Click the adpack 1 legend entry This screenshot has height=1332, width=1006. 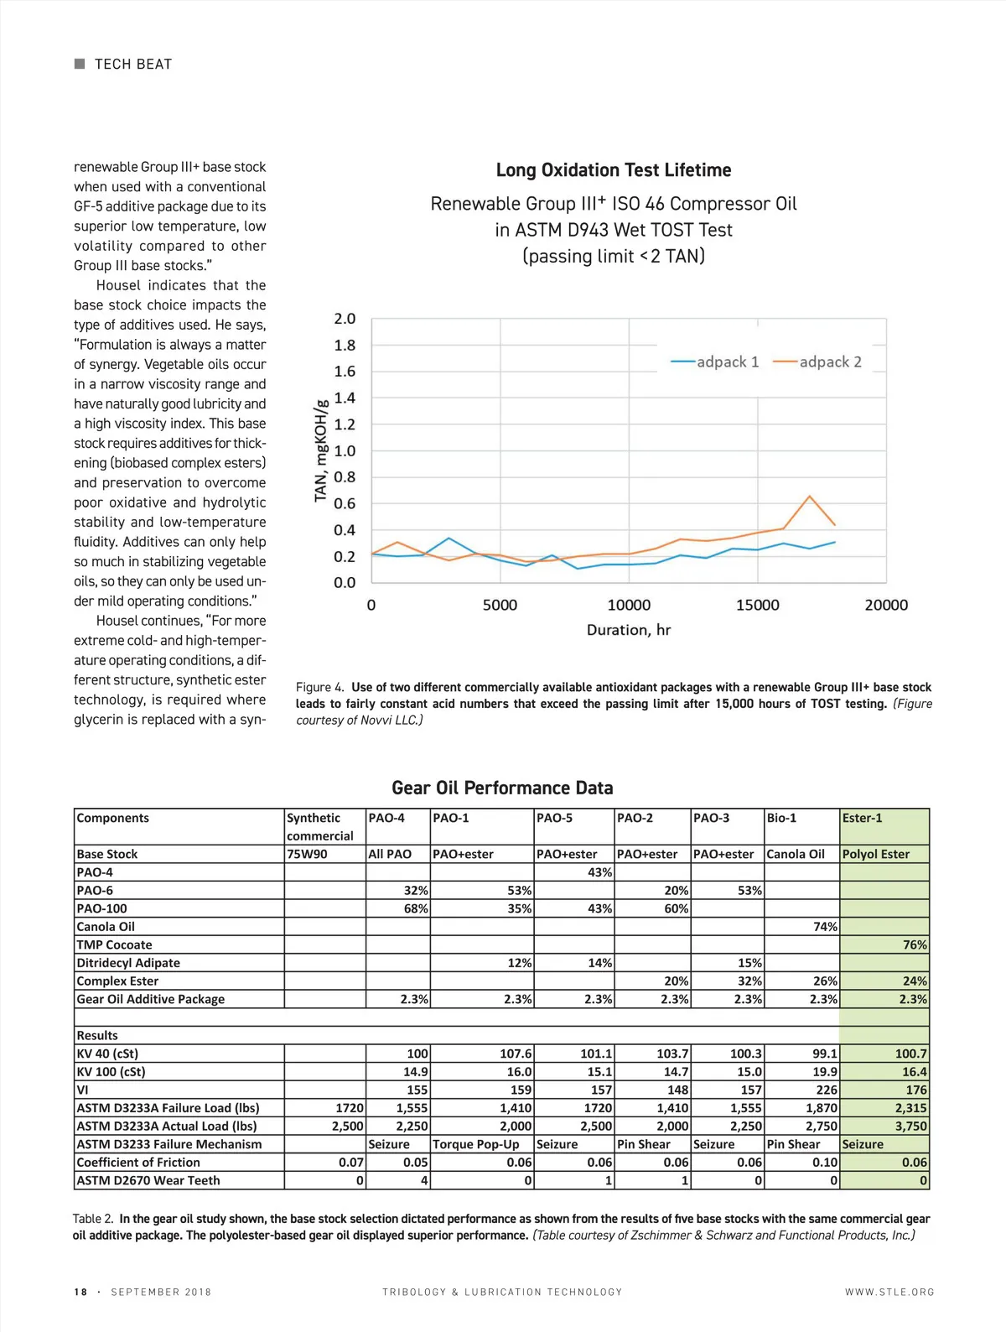[x=715, y=362]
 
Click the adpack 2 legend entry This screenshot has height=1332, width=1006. [x=817, y=362]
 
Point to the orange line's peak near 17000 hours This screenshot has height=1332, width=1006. [x=810, y=497]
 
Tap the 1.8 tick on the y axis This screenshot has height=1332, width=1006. [x=345, y=345]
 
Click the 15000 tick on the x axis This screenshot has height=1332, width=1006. [x=757, y=605]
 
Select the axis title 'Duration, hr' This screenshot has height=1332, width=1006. [x=629, y=630]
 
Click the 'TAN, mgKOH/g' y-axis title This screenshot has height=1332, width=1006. [x=320, y=450]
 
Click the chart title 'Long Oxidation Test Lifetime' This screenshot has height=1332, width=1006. [x=614, y=170]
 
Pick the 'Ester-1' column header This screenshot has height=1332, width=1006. [x=862, y=818]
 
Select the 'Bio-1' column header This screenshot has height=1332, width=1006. [x=781, y=818]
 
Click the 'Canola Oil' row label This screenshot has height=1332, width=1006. [x=106, y=927]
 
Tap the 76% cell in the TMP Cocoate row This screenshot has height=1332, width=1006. [x=915, y=944]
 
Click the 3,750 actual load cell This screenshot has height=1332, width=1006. [x=910, y=1126]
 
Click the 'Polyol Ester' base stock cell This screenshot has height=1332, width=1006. [x=875, y=854]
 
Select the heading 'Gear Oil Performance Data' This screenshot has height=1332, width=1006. [x=502, y=788]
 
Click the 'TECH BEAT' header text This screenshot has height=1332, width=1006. [x=132, y=65]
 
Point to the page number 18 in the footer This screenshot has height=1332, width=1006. [x=80, y=1292]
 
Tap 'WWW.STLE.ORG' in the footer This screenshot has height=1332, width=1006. [x=889, y=1292]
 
